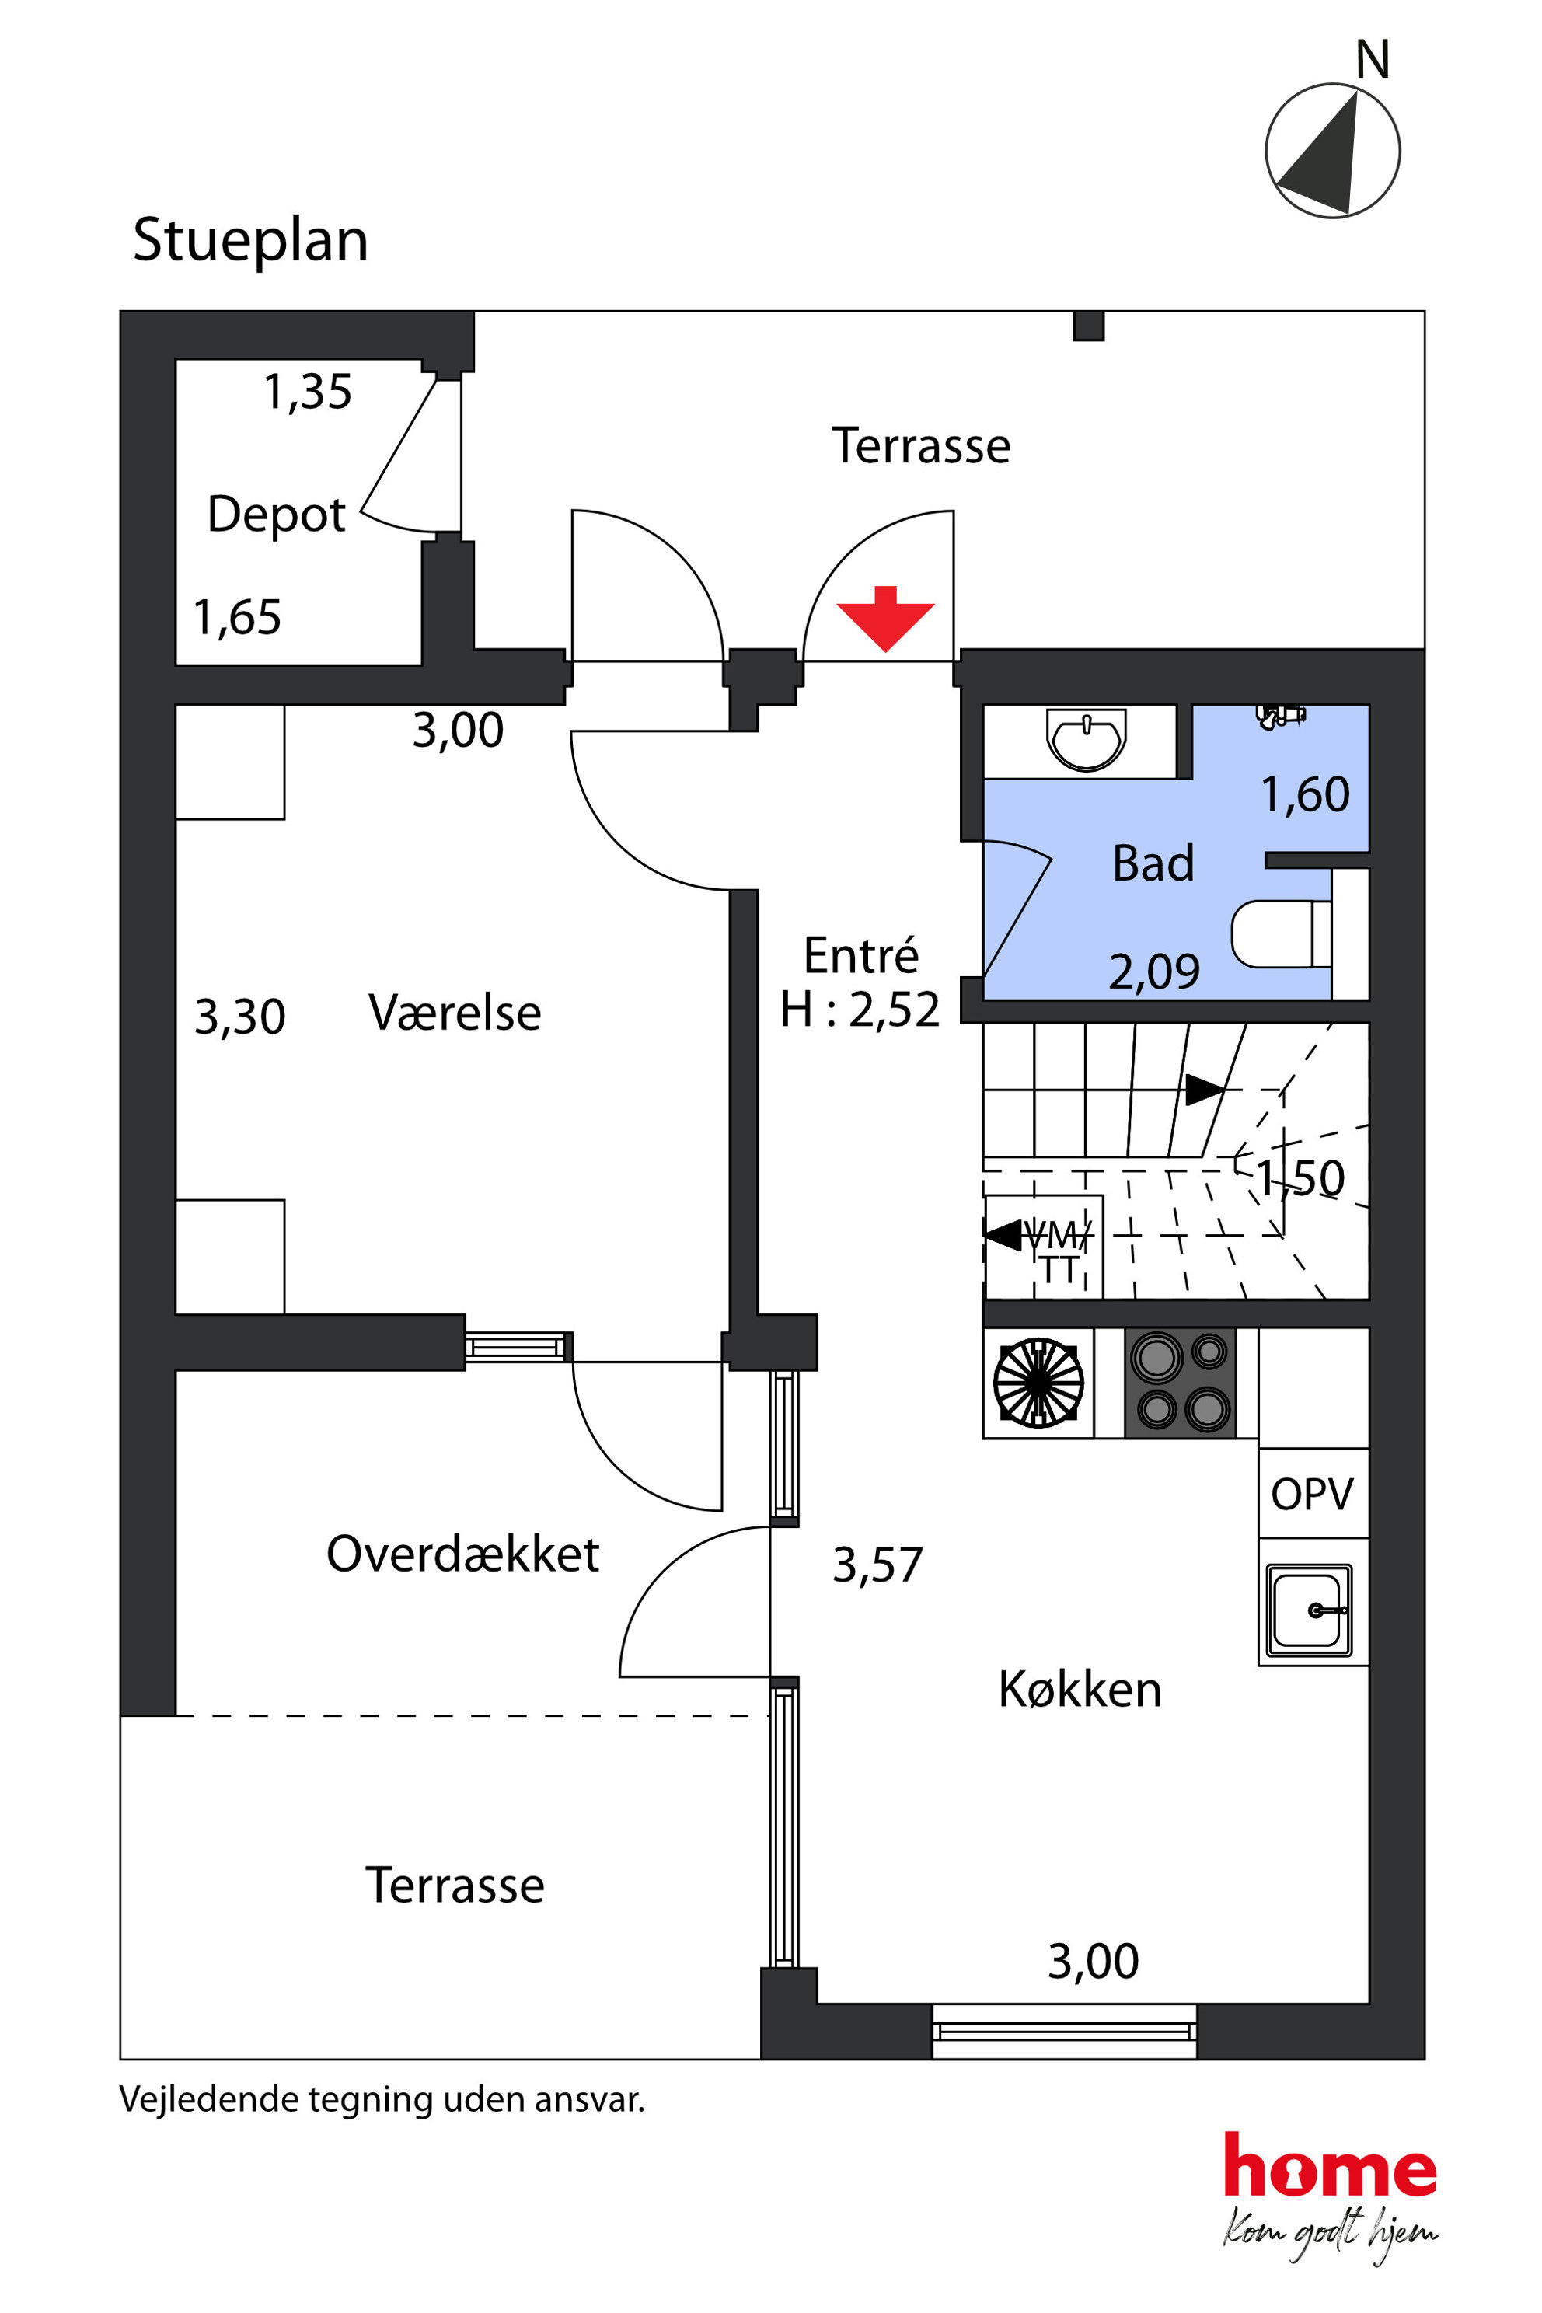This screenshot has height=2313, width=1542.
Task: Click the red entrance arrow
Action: (x=885, y=619)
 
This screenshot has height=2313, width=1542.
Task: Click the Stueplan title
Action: (x=251, y=241)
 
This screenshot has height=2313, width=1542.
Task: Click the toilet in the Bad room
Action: (x=1282, y=933)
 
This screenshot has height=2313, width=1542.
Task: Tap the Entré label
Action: (x=860, y=955)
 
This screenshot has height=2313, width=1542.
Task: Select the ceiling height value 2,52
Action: (x=894, y=1010)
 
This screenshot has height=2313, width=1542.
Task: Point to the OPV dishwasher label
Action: (x=1312, y=1494)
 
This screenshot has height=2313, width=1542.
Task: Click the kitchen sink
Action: (x=1308, y=1610)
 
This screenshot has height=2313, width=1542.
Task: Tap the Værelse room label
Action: (x=455, y=1012)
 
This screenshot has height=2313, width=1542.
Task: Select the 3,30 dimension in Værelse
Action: (x=240, y=1017)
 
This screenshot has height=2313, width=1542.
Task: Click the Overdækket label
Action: (x=462, y=1554)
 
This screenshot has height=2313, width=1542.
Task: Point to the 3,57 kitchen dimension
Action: (x=877, y=1565)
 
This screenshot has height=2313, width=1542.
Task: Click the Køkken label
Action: (x=1080, y=1690)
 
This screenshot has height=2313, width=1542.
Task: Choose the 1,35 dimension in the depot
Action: (x=307, y=392)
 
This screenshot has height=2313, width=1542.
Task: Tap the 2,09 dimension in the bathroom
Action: (x=1153, y=972)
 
